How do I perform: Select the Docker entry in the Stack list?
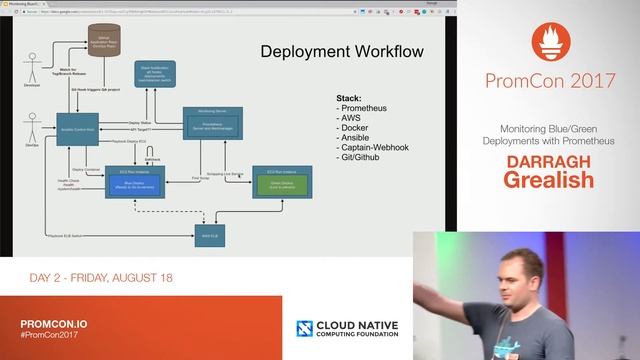point(350,128)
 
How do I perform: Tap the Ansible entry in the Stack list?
point(351,138)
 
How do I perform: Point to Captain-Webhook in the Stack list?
point(369,148)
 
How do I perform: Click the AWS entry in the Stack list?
point(346,118)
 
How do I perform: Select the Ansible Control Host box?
point(80,131)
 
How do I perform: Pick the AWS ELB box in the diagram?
point(208,237)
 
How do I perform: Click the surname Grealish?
point(548,179)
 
